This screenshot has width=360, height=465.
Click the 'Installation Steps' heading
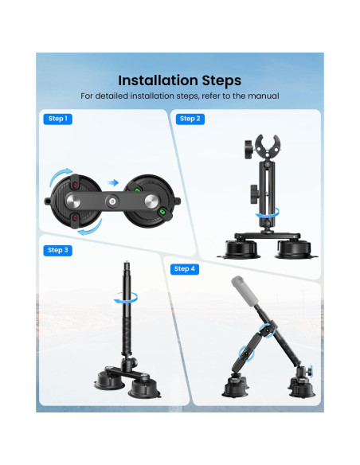coord(179,80)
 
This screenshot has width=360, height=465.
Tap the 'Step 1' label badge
coord(57,119)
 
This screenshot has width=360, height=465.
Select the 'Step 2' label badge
coord(190,119)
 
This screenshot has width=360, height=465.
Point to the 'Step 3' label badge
coord(57,250)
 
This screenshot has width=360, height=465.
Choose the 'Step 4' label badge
coord(183,268)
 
